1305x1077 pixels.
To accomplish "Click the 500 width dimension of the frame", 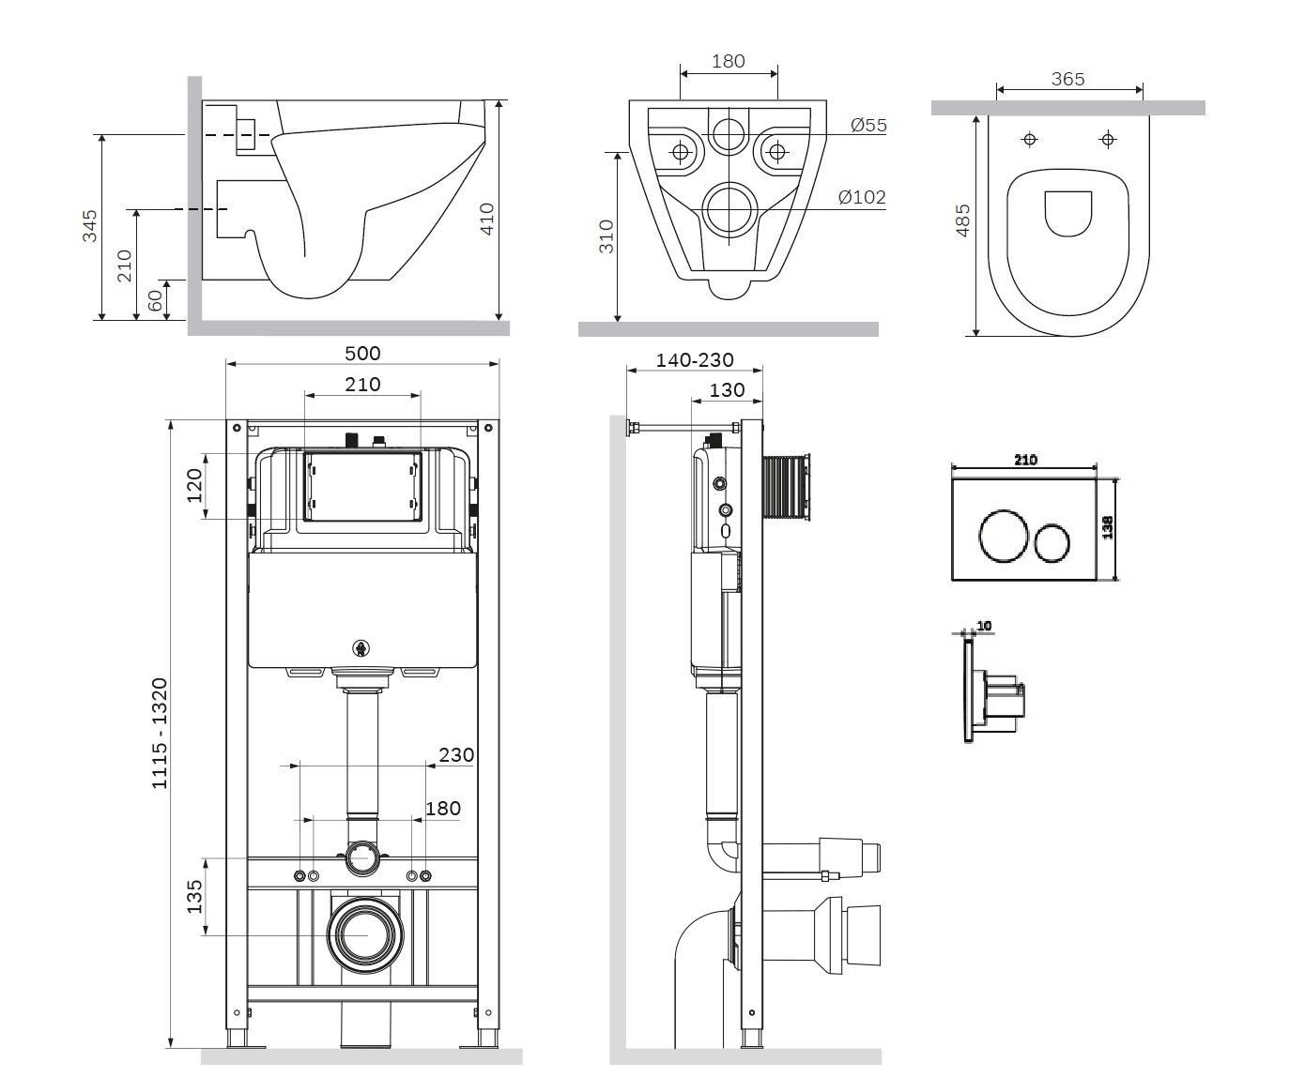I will point(362,353).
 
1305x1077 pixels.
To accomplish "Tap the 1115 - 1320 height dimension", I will point(161,734).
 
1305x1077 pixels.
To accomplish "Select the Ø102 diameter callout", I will point(861,197).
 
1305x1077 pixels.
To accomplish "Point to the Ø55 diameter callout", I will point(867,125).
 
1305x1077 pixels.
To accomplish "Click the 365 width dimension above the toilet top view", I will point(1067,79).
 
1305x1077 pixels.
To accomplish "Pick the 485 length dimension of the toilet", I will point(962,220).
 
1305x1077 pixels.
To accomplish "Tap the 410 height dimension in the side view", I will point(486,219).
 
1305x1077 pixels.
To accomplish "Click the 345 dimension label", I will point(90,226).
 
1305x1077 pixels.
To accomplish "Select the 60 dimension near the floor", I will point(156,300).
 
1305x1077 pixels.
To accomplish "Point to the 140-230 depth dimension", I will point(695,360).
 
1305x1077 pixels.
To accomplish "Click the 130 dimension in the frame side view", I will point(727,389).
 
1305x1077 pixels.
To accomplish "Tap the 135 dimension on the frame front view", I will point(194,896).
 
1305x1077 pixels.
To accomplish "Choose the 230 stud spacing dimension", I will point(456,754).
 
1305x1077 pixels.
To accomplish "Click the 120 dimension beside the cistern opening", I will point(194,486).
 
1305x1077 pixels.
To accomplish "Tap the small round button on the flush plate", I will point(1052,544).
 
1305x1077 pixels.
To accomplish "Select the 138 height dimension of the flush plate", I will point(1108,527).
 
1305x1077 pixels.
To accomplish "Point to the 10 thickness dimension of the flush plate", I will point(984,626).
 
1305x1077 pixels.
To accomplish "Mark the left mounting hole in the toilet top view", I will point(1030,140).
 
